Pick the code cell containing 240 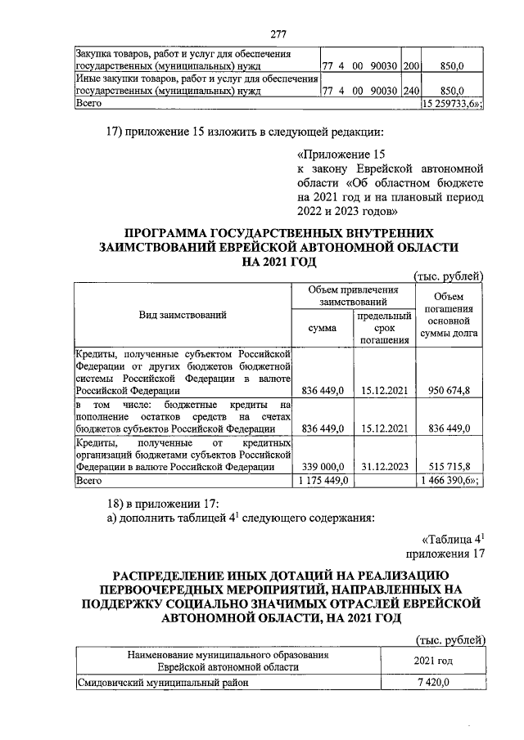pyautogui.click(x=411, y=91)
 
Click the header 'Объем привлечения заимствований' pyautogui.click(x=353, y=295)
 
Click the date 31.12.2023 pyautogui.click(x=385, y=467)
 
